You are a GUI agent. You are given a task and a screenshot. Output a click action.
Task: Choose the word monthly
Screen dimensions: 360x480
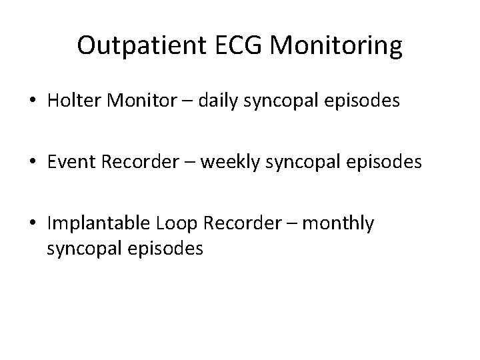pos(339,224)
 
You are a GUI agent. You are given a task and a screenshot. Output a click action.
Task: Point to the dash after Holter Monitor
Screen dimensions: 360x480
pos(184,102)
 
